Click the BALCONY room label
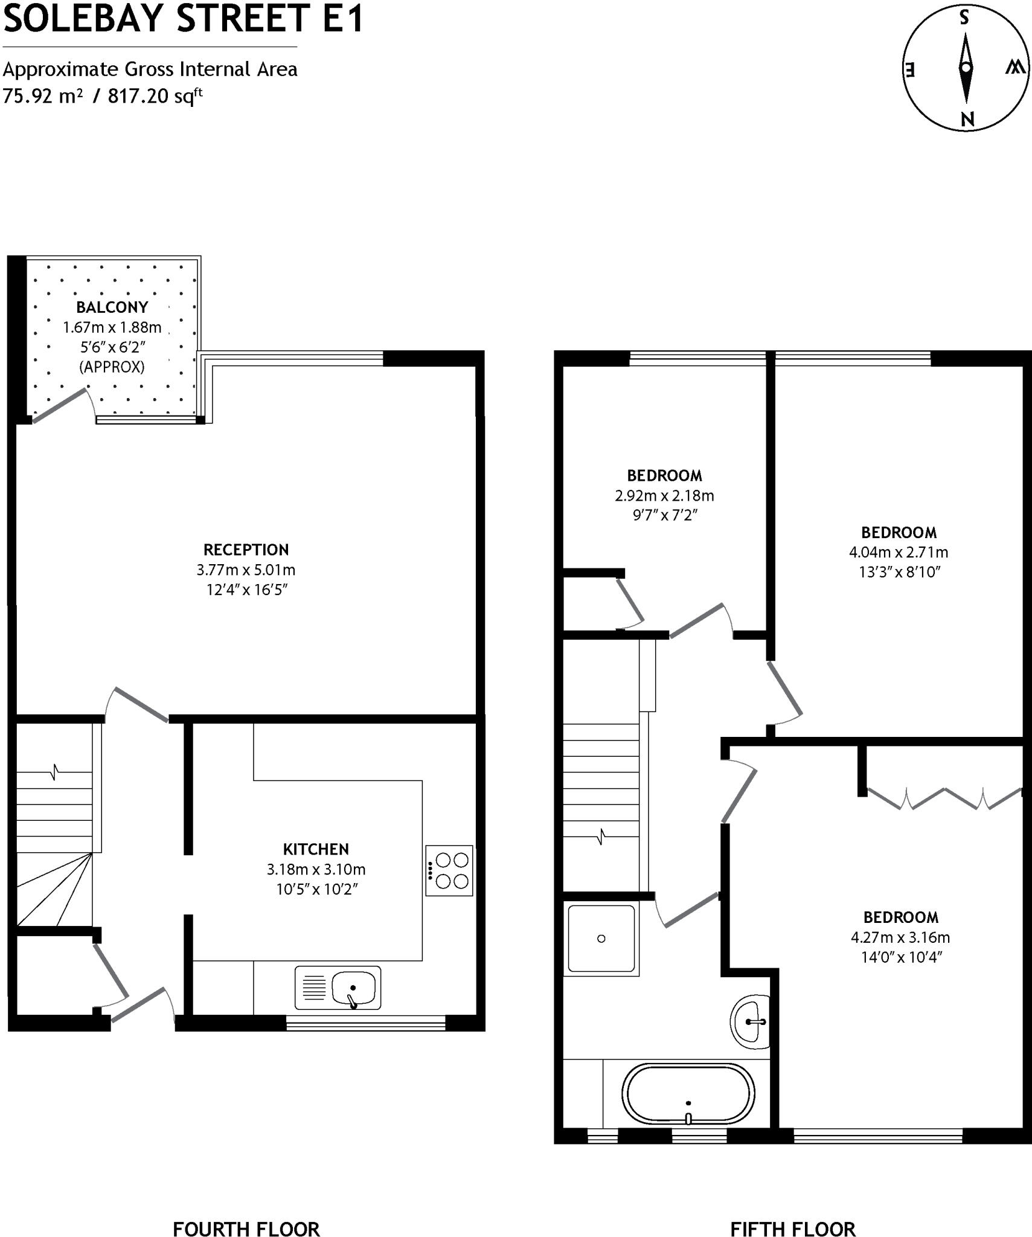(112, 307)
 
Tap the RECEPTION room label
(246, 550)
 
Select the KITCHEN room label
(316, 849)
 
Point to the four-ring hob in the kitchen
(449, 870)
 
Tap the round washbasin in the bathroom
(751, 1021)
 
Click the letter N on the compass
(967, 119)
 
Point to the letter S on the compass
(964, 18)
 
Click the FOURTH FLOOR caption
(246, 1212)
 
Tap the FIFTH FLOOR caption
(792, 1212)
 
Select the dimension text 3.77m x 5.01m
(246, 570)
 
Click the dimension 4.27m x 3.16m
(900, 937)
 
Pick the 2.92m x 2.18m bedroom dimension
(664, 495)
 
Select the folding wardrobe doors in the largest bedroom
(944, 798)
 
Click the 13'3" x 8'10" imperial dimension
(900, 572)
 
